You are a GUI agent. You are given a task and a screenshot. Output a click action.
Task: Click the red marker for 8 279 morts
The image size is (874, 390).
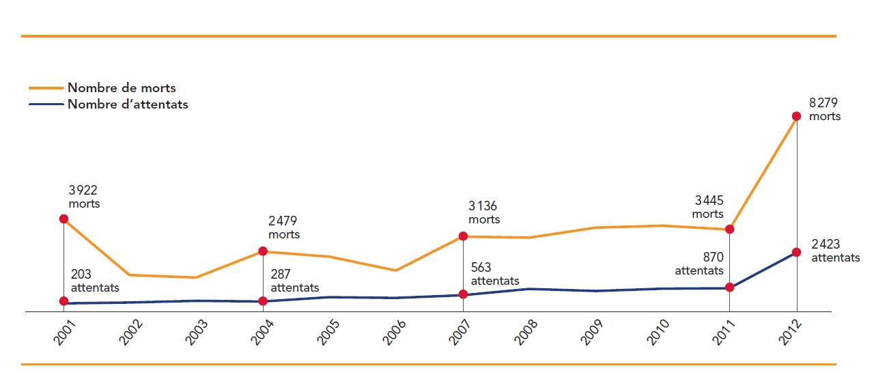coord(796,116)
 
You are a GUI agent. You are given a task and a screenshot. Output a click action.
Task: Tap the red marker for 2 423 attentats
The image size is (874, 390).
coord(796,253)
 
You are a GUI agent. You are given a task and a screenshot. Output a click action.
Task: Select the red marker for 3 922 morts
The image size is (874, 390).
coord(64,219)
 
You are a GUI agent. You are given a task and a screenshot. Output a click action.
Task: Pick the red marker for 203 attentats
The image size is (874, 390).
coord(64,301)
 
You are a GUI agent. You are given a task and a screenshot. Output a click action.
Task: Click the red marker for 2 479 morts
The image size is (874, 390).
coord(263,251)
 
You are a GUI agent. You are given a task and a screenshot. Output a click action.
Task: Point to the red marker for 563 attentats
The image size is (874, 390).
coord(463,294)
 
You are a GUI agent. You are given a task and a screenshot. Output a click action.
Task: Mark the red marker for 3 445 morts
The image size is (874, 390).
coord(729,229)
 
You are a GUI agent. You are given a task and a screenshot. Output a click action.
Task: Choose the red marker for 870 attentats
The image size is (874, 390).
coord(729,288)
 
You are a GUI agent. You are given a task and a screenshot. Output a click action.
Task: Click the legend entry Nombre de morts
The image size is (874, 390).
coord(122,88)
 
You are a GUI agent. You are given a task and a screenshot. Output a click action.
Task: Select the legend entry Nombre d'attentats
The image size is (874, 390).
coord(128,105)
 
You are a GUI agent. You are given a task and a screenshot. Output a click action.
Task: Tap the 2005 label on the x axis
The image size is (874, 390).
coord(330,333)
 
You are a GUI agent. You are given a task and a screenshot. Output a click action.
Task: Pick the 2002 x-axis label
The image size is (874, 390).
coord(130,333)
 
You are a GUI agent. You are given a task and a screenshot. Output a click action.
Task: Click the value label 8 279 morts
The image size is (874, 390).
coord(824,109)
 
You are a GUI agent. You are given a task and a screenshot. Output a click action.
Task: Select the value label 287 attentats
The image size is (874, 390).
coord(295,281)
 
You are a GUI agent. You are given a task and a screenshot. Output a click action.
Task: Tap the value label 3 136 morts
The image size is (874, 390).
coord(484,213)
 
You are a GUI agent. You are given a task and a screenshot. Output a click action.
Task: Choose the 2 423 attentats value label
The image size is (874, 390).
coord(835,251)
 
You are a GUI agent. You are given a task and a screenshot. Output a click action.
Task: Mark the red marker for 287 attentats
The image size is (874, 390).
coord(263,301)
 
